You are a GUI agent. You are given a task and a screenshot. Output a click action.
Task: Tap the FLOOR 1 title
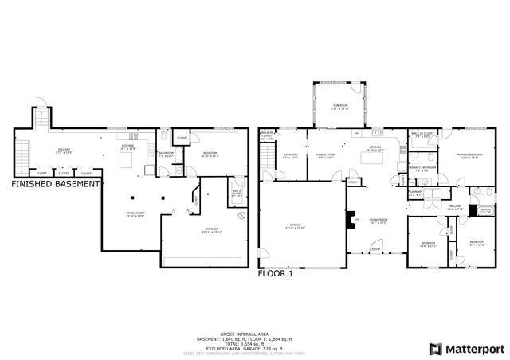click(x=276, y=272)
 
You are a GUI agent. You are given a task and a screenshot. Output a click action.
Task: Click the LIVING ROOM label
click(x=378, y=220)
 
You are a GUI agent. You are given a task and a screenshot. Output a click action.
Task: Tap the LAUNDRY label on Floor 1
click(x=416, y=193)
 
